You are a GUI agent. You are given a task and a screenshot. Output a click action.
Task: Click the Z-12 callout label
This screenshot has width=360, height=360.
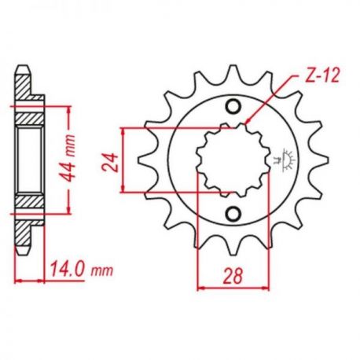tap(323, 75)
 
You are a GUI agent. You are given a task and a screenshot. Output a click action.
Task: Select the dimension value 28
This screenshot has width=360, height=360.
tap(233, 276)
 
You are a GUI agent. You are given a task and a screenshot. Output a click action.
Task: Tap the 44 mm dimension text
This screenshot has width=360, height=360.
tap(68, 159)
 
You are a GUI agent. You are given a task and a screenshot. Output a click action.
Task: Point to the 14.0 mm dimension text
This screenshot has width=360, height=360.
tap(82, 269)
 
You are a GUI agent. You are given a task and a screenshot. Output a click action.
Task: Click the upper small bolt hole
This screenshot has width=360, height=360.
tap(233, 107)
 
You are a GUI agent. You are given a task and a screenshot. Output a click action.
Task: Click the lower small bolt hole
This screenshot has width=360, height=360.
tap(233, 214)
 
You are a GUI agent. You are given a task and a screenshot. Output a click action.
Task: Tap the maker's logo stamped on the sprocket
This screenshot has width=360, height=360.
tap(285, 160)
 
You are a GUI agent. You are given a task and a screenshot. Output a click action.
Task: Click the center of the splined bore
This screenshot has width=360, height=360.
tap(233, 160)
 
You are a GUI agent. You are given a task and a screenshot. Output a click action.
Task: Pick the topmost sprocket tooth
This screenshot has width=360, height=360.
tap(233, 73)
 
